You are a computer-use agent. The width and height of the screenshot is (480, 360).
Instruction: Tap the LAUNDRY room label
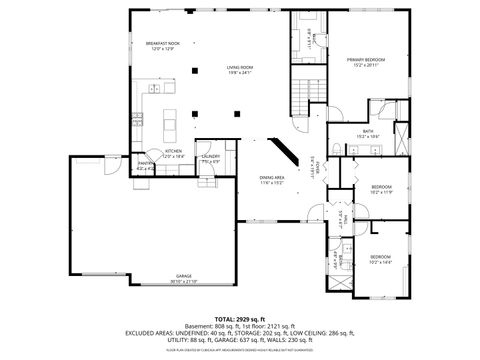click(211, 157)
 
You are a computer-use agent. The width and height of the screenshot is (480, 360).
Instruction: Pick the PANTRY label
click(144, 166)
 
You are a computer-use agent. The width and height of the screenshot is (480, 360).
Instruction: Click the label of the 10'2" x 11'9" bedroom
click(381, 189)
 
